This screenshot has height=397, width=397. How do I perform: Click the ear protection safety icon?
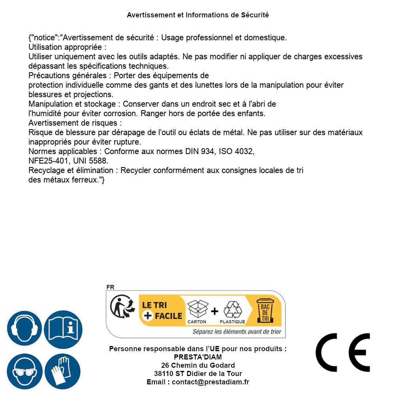click(x=24, y=329)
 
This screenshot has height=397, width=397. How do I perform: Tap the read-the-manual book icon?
click(x=63, y=329)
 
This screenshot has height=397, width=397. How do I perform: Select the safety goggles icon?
click(x=24, y=372)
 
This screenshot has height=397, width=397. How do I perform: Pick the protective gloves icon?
click(x=63, y=372)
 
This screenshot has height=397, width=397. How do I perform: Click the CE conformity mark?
click(x=343, y=352)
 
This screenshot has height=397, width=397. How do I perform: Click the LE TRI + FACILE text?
click(x=162, y=310)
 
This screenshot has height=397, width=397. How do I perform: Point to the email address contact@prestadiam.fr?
click(x=210, y=382)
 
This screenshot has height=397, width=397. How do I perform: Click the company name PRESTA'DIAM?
click(x=198, y=357)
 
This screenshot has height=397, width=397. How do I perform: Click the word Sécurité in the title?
click(x=255, y=15)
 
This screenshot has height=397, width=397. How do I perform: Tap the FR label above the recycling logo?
click(x=110, y=287)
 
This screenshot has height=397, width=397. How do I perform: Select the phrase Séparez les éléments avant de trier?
click(x=237, y=332)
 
